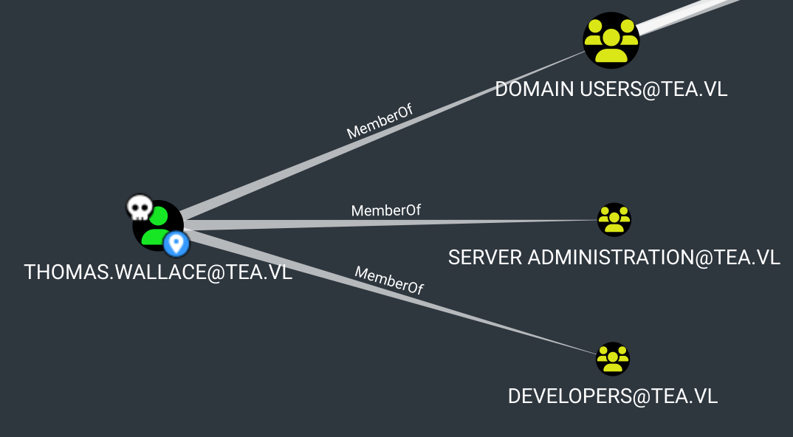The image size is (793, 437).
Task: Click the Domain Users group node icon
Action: [611, 41]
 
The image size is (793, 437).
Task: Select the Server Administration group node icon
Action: [614, 219]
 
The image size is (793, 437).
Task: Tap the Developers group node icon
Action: [612, 359]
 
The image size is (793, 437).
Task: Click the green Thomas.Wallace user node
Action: [157, 224]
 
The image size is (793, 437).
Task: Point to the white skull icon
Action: [139, 208]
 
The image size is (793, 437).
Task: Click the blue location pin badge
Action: [176, 242]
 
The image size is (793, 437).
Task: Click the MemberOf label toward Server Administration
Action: [385, 210]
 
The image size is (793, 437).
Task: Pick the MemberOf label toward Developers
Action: [389, 280]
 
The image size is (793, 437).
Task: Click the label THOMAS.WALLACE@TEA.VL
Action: [158, 272]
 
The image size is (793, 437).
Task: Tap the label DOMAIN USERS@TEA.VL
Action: [611, 89]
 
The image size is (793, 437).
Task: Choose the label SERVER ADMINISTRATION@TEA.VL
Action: [614, 257]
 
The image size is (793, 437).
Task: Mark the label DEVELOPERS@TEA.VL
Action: [612, 396]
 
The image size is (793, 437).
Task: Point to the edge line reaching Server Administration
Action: [480, 221]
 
